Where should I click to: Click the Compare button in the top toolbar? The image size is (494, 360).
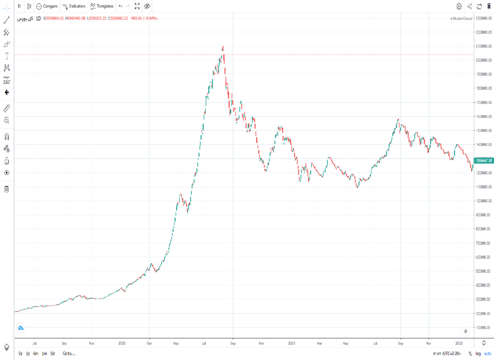(47, 6)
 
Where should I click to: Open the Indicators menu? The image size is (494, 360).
(73, 6)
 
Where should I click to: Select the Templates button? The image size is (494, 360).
(102, 6)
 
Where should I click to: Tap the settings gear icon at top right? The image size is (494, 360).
(459, 6)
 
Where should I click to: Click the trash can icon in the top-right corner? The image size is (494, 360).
(488, 6)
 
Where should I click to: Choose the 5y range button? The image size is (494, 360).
(20, 353)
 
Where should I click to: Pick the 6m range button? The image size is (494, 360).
(35, 353)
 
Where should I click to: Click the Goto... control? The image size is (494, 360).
(68, 353)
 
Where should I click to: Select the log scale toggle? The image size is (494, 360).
(477, 353)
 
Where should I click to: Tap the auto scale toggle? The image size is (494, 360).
(487, 353)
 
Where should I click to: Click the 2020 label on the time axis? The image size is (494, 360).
(122, 343)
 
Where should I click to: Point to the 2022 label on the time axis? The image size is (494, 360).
(459, 343)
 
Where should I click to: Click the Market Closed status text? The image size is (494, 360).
(462, 18)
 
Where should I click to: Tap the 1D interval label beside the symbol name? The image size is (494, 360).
(38, 18)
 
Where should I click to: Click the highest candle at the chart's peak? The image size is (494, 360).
(223, 48)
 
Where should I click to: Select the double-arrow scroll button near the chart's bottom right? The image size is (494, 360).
(466, 331)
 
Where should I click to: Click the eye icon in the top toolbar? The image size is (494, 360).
(147, 6)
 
